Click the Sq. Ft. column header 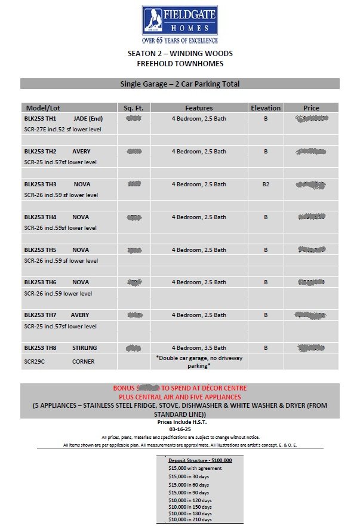134,108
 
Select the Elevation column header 266,108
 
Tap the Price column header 311,108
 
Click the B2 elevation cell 266,184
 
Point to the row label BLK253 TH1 40,119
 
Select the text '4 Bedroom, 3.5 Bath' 199,347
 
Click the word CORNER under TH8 84,361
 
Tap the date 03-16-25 180,429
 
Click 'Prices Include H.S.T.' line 180,422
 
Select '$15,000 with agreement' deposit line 195,468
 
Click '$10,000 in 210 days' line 190,519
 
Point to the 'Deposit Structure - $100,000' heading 200,460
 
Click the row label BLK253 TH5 40,250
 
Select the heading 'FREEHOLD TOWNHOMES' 180,63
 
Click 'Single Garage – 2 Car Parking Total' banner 180,84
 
